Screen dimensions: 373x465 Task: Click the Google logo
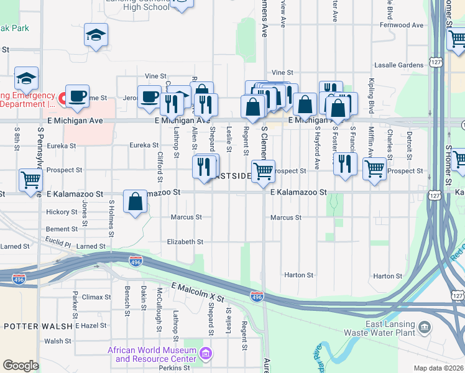coord(21,366)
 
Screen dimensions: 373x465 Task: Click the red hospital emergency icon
coord(63,98)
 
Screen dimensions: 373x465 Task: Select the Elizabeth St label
coord(185,242)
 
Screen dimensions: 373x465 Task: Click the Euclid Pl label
coord(58,239)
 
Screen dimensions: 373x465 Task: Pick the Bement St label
coord(62,229)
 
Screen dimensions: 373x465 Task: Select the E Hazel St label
coord(91,326)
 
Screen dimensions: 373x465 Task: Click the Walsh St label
coord(58,341)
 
